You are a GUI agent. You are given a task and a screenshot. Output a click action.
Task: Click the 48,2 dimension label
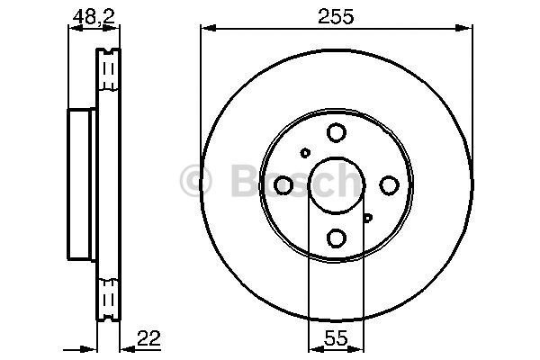click(85, 15)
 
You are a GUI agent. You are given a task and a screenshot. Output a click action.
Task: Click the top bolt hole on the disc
click(336, 133)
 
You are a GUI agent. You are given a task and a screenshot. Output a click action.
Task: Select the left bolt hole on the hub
click(283, 185)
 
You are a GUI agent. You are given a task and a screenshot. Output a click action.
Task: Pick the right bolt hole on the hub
click(389, 185)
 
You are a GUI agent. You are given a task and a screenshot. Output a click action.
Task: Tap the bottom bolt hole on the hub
click(336, 238)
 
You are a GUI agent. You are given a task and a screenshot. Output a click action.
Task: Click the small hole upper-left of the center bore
click(306, 153)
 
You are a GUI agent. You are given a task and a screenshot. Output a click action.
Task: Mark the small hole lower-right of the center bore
click(367, 217)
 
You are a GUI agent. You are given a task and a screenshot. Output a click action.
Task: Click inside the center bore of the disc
click(336, 185)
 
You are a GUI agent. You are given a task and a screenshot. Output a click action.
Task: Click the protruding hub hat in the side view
click(82, 185)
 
